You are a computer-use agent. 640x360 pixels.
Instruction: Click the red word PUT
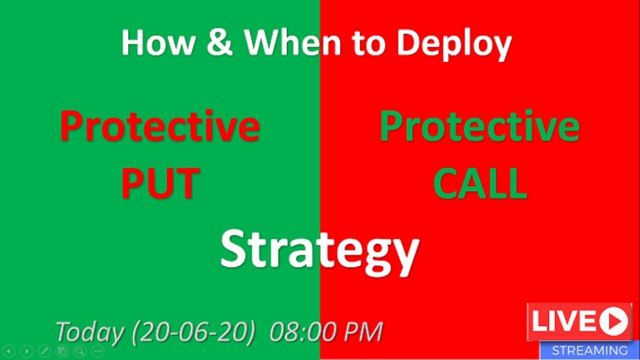point(160,183)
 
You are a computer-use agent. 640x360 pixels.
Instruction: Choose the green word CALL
point(480,183)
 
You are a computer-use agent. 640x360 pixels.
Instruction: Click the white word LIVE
point(562,321)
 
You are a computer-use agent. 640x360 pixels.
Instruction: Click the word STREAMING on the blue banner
point(589,350)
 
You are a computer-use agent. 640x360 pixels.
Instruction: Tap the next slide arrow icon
point(26,350)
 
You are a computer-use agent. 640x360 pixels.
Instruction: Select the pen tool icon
point(44,350)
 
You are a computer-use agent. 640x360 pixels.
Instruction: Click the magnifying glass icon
point(79,350)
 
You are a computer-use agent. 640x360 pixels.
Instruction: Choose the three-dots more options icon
point(97,350)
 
